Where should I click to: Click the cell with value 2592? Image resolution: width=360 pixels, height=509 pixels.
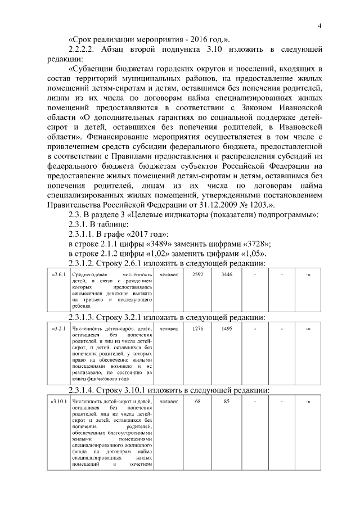[x=198, y=274]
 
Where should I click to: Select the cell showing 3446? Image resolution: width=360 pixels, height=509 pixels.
[x=227, y=274]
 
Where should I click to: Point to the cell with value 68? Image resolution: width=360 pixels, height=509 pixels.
[x=198, y=402]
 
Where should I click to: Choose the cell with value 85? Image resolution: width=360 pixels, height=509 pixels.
[x=227, y=402]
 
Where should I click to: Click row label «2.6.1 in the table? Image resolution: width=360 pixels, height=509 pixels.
[x=58, y=274]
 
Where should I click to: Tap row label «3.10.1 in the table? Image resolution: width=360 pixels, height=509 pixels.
[x=58, y=402]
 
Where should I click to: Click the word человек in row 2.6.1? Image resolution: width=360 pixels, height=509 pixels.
[x=169, y=274]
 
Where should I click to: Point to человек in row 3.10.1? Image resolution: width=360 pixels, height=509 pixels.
[x=169, y=402]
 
